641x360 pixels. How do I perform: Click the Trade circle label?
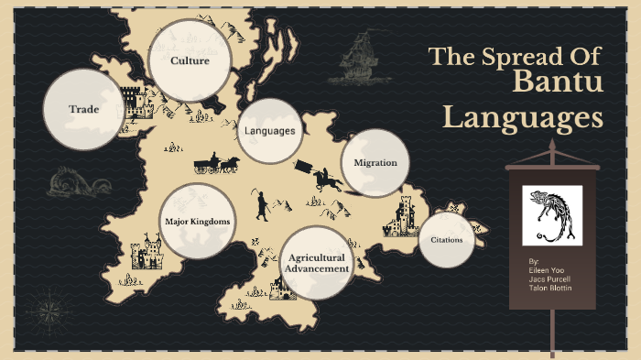tap(83, 109)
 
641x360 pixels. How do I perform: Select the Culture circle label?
tap(190, 61)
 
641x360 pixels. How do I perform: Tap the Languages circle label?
tap(269, 131)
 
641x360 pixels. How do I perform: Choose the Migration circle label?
tap(375, 162)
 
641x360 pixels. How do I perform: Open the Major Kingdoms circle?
tap(197, 222)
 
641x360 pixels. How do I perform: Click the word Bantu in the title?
tap(558, 84)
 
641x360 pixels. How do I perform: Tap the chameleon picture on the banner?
tap(552, 215)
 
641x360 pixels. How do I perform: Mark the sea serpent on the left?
tap(73, 182)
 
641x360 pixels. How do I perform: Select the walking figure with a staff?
tap(262, 205)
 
